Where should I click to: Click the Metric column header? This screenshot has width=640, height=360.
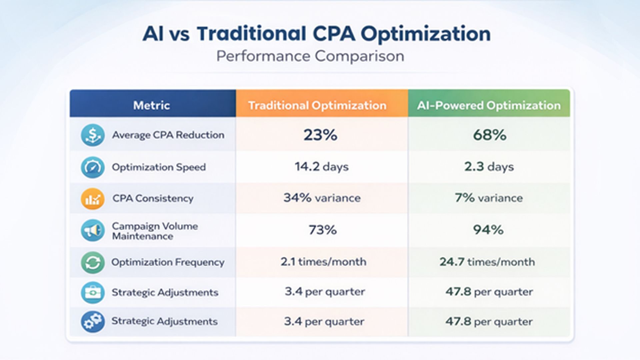click(x=152, y=105)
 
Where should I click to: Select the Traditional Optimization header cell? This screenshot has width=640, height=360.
click(x=317, y=105)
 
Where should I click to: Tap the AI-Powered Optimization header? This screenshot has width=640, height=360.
click(x=489, y=105)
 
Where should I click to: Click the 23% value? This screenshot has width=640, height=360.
click(x=320, y=135)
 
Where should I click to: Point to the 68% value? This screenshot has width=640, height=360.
click(x=489, y=135)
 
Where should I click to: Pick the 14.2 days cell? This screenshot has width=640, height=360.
click(x=322, y=167)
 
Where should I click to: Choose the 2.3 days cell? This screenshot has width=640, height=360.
click(x=489, y=167)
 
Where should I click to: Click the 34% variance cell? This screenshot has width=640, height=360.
click(x=322, y=198)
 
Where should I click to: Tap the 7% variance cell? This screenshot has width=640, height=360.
click(x=489, y=198)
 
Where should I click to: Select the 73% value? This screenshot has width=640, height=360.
click(x=322, y=230)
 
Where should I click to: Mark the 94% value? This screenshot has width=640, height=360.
click(x=488, y=230)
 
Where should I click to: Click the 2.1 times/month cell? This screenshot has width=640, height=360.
click(x=323, y=262)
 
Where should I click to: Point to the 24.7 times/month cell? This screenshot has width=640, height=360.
click(x=487, y=262)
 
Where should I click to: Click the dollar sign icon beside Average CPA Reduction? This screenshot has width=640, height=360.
click(x=93, y=135)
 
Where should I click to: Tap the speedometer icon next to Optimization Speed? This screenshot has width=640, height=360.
click(x=93, y=167)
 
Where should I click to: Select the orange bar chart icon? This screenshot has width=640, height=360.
click(x=93, y=199)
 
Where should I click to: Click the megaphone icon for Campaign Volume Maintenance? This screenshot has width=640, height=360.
click(x=93, y=230)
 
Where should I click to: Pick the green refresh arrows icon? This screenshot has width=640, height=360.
click(x=93, y=263)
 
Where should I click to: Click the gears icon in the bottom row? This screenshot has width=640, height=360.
click(x=93, y=322)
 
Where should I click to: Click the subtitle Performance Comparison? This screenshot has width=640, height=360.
click(x=310, y=56)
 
